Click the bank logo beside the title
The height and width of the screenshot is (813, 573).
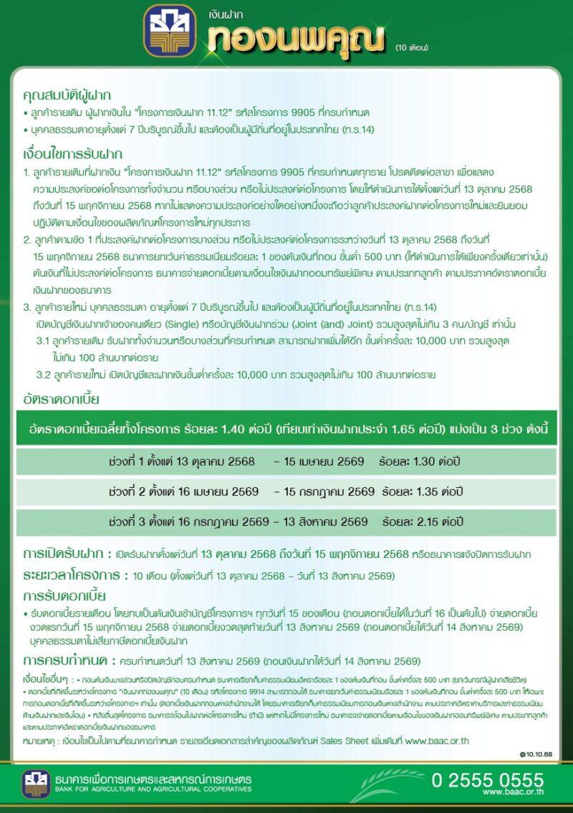(170, 32)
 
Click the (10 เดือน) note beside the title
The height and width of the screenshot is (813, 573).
(411, 48)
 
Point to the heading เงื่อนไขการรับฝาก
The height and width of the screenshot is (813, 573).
(72, 154)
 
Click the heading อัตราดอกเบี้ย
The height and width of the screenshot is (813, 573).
(61, 399)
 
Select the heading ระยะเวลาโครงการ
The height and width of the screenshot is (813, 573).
(69, 575)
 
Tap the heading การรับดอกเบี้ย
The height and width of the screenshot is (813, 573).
(64, 596)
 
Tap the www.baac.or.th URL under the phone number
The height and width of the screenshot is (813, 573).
(513, 792)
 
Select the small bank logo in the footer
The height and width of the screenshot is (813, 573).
(36, 784)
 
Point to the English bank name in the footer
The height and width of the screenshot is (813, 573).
(153, 789)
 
